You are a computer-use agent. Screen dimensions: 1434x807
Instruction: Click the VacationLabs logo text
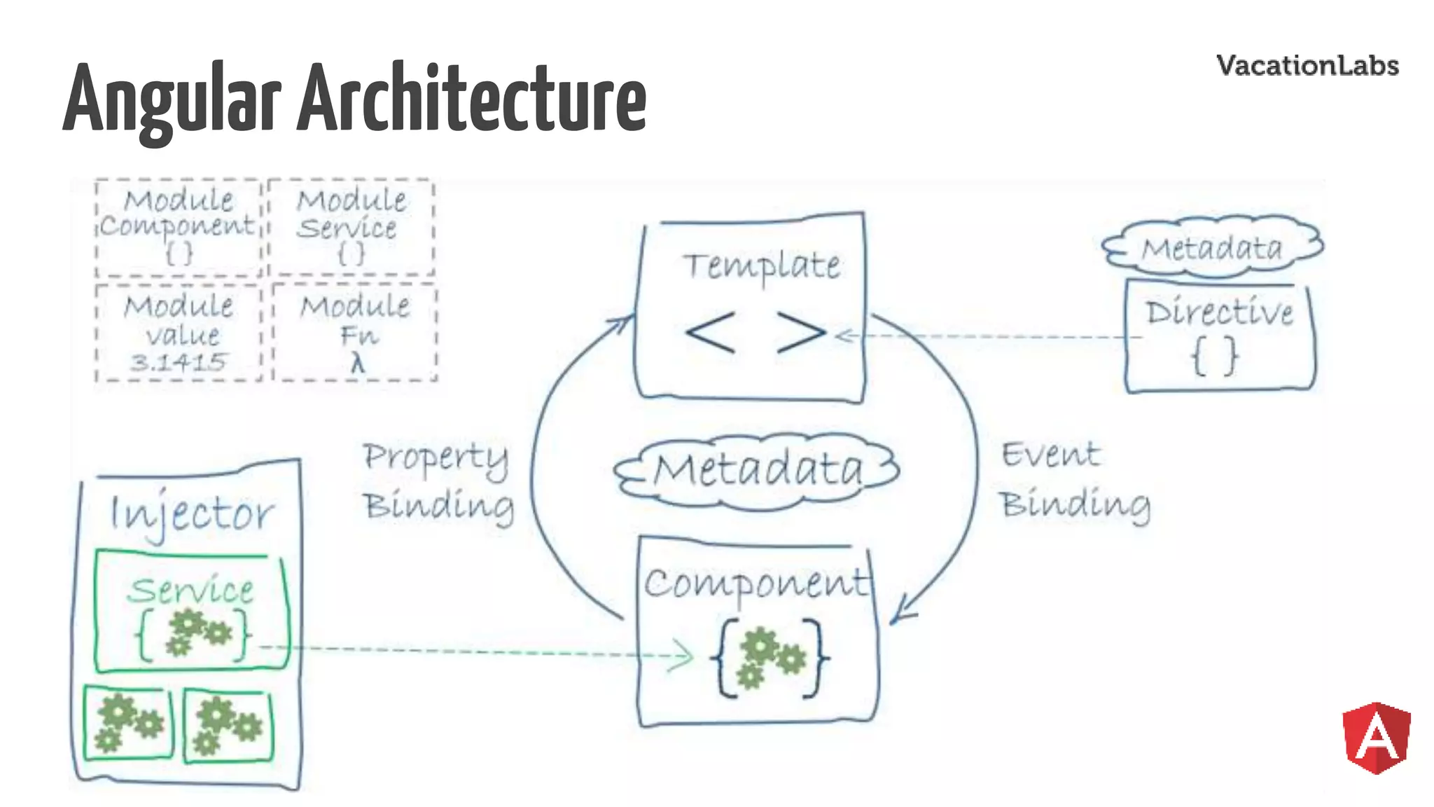[1307, 66]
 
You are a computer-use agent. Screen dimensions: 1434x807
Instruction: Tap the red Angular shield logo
[1376, 738]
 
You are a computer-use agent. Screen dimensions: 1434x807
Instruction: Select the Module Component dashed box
[179, 227]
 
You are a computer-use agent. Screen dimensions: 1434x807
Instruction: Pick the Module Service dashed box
[351, 227]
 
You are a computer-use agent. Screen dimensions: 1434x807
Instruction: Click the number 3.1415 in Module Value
[179, 362]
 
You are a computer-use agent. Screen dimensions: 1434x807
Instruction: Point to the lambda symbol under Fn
[358, 364]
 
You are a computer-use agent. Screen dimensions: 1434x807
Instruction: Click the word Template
[761, 266]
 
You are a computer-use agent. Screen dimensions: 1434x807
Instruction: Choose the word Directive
[1219, 312]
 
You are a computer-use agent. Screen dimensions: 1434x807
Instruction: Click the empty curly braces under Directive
[1215, 356]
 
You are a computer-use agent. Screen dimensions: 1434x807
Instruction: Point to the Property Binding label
[438, 481]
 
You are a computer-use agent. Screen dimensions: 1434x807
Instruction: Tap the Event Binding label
[1075, 480]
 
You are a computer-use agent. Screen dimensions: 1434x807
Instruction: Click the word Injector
[192, 513]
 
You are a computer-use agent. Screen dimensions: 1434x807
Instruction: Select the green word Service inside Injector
[190, 590]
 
